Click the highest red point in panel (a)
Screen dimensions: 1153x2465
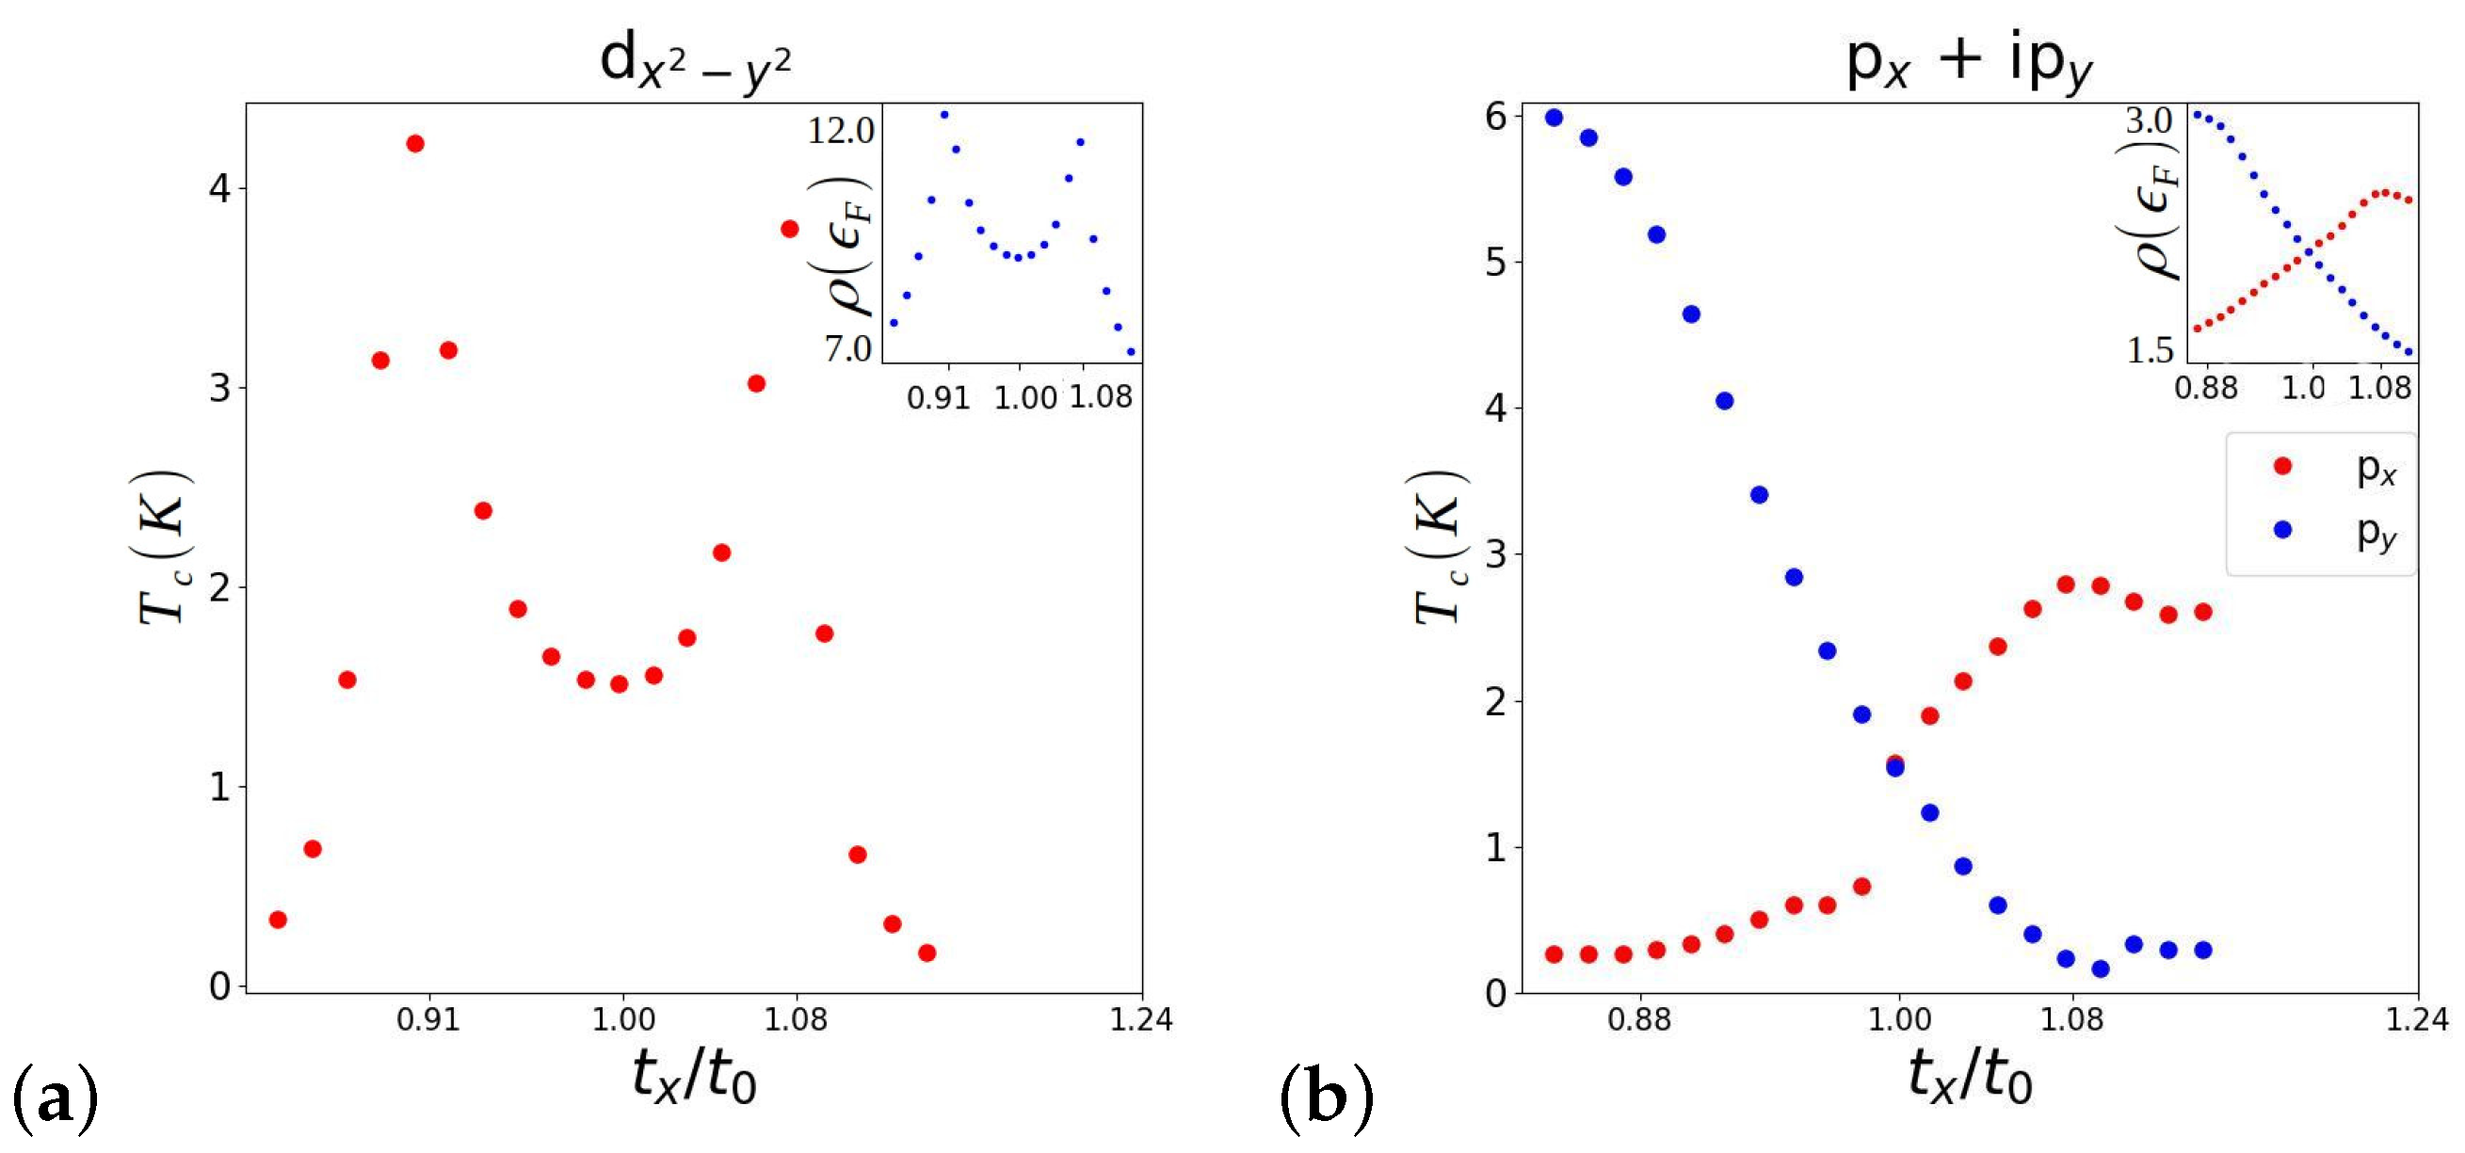pos(414,143)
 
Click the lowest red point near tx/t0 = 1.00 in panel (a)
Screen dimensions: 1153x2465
pos(620,683)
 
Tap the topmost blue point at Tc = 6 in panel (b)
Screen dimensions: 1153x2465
pos(1554,117)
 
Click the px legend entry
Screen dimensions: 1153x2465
pos(2335,467)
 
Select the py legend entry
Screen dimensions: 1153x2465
pos(2335,530)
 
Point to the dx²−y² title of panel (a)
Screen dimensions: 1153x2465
pos(695,63)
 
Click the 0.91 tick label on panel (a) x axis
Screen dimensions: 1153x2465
pos(427,1019)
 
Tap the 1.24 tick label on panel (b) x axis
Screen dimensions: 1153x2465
pos(2416,1019)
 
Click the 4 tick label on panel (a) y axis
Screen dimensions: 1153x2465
pos(220,188)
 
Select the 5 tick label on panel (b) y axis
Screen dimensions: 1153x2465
pos(1495,263)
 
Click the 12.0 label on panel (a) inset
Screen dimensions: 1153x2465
pos(840,131)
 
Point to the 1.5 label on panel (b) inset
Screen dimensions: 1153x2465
pos(2151,351)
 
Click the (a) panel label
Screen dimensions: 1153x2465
pos(56,1098)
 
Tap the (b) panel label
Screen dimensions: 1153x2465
pos(1327,1098)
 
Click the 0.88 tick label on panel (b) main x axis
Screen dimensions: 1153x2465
pos(1639,1019)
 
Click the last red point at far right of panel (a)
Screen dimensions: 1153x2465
pos(926,953)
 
